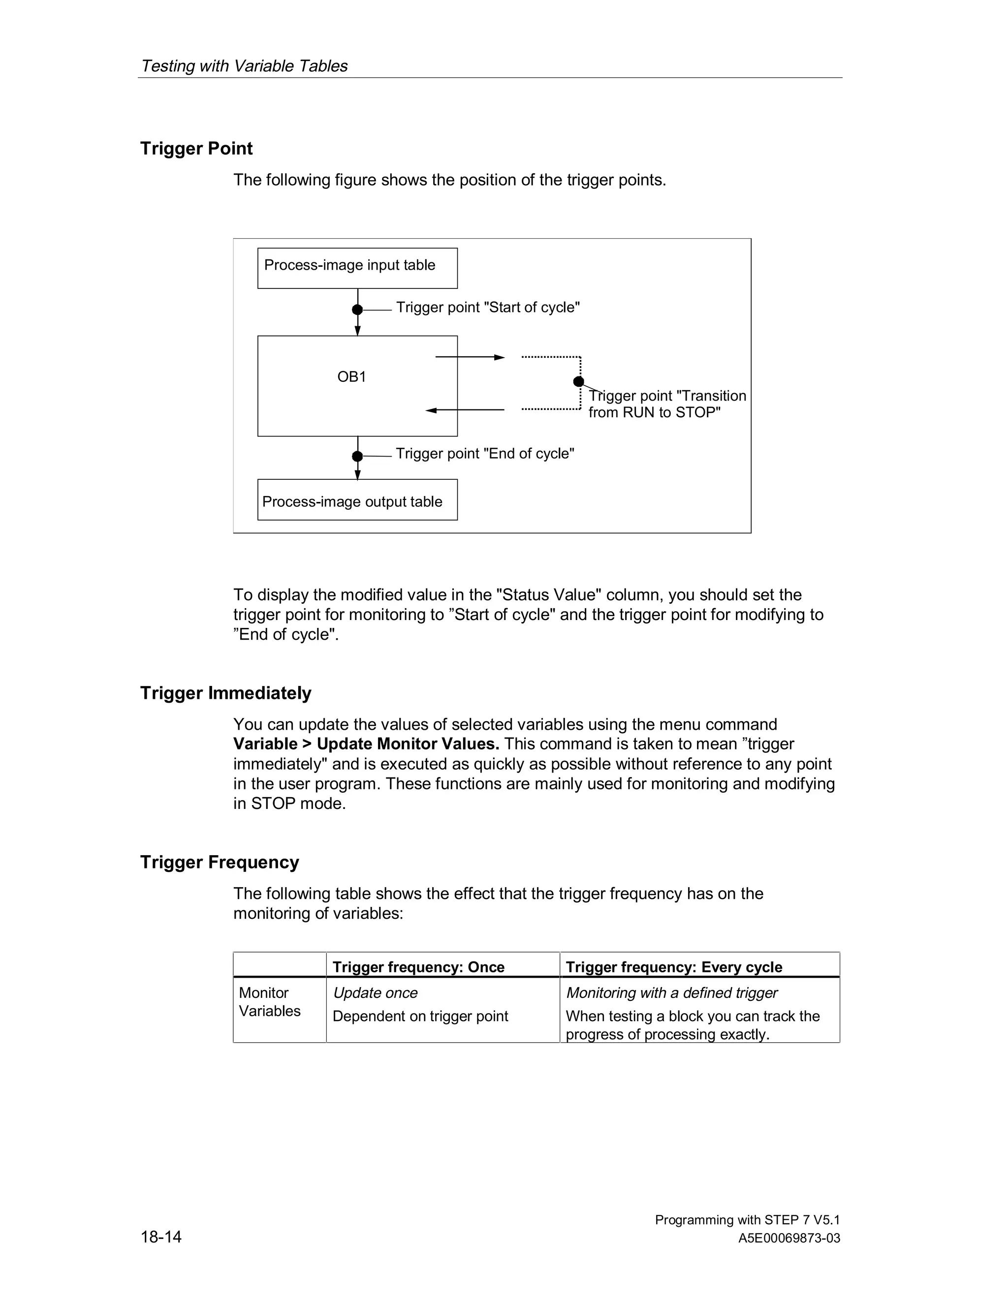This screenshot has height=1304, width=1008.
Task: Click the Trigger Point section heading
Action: point(196,148)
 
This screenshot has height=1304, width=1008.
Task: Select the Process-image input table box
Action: point(357,268)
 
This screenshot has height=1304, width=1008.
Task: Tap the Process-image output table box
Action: point(357,500)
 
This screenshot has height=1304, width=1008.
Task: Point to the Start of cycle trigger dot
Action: point(357,310)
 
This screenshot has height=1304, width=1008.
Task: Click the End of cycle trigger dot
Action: point(357,456)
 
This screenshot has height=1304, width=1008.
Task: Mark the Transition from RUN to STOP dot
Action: point(578,381)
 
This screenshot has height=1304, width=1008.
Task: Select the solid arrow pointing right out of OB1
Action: point(470,357)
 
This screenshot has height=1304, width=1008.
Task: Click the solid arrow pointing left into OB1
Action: point(465,410)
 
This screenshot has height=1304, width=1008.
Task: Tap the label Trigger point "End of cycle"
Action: point(484,454)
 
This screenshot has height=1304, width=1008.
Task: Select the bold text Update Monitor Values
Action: point(408,744)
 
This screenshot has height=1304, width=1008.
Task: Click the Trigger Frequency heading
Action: point(219,862)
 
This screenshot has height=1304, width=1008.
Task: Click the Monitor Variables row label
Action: point(269,1001)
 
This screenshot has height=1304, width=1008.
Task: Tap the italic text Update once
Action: point(375,993)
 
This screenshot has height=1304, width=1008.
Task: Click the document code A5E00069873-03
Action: point(789,1239)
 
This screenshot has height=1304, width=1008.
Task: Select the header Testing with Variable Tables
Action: point(244,65)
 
